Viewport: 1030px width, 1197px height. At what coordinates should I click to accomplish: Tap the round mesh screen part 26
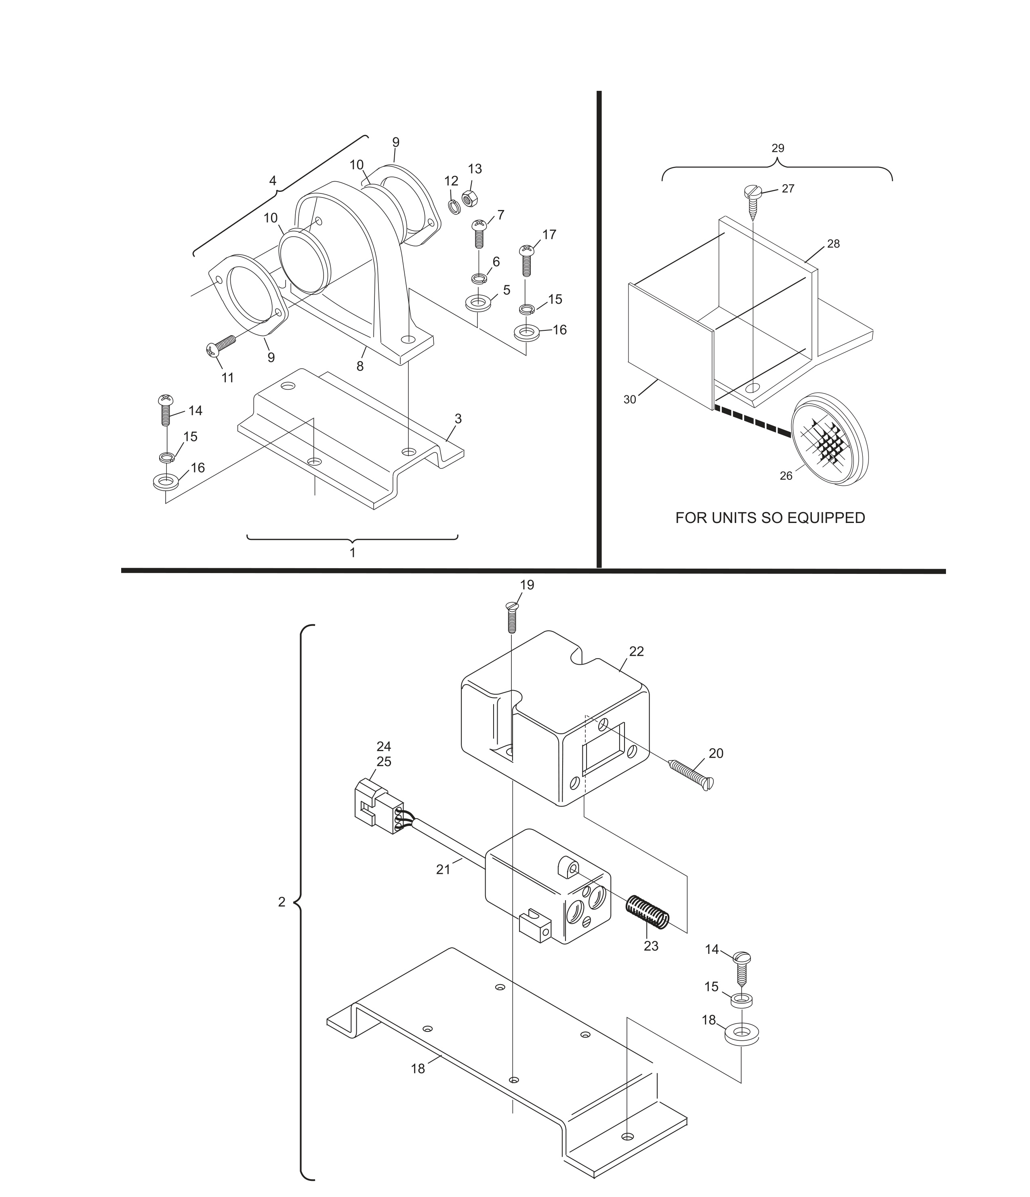(830, 441)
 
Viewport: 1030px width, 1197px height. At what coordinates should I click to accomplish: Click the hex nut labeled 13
(469, 198)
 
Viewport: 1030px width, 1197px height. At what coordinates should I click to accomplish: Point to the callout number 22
(636, 651)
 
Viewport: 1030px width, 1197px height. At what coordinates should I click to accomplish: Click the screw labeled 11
(221, 345)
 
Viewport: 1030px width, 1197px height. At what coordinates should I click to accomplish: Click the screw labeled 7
(478, 233)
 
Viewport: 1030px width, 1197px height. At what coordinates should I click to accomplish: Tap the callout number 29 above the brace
(778, 148)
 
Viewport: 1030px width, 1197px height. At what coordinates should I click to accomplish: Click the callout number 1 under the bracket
(352, 552)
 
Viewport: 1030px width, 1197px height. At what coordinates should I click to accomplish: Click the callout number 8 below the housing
(360, 366)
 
